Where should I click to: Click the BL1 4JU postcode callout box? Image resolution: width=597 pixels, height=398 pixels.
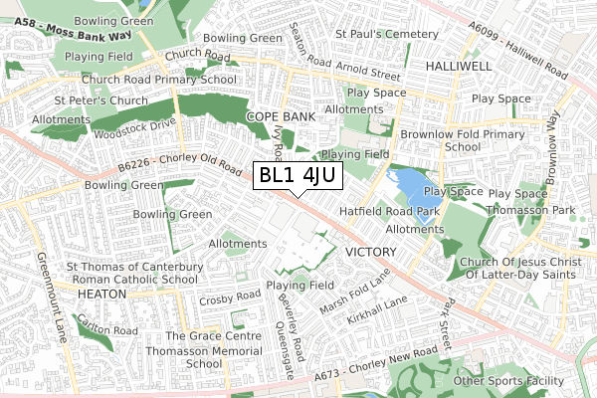[x=298, y=176]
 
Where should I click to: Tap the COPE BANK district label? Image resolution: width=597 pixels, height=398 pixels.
[x=280, y=116]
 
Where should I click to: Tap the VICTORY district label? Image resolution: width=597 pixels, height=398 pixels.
[x=370, y=253]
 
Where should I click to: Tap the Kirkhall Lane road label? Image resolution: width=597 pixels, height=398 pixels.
[x=378, y=310]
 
